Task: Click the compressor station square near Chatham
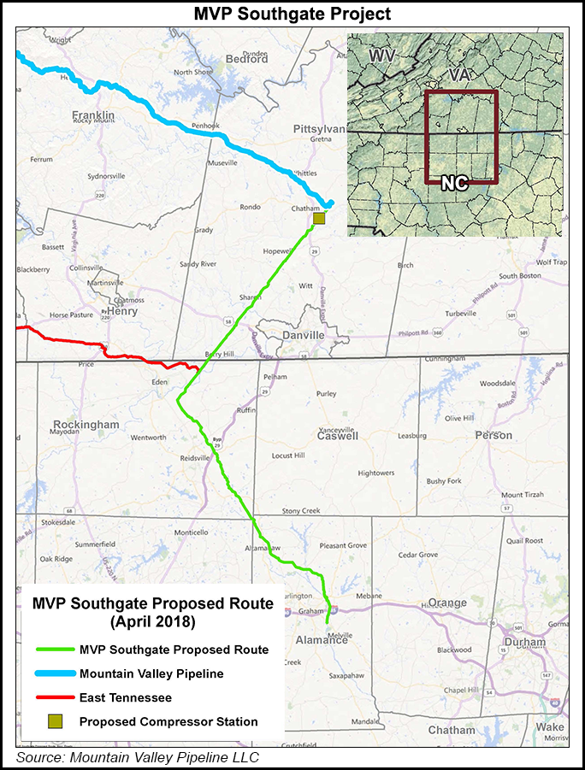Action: point(319,219)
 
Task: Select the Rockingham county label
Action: point(86,425)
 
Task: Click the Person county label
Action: point(494,435)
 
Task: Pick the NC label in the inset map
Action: point(454,182)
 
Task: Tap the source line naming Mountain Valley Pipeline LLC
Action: point(138,757)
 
